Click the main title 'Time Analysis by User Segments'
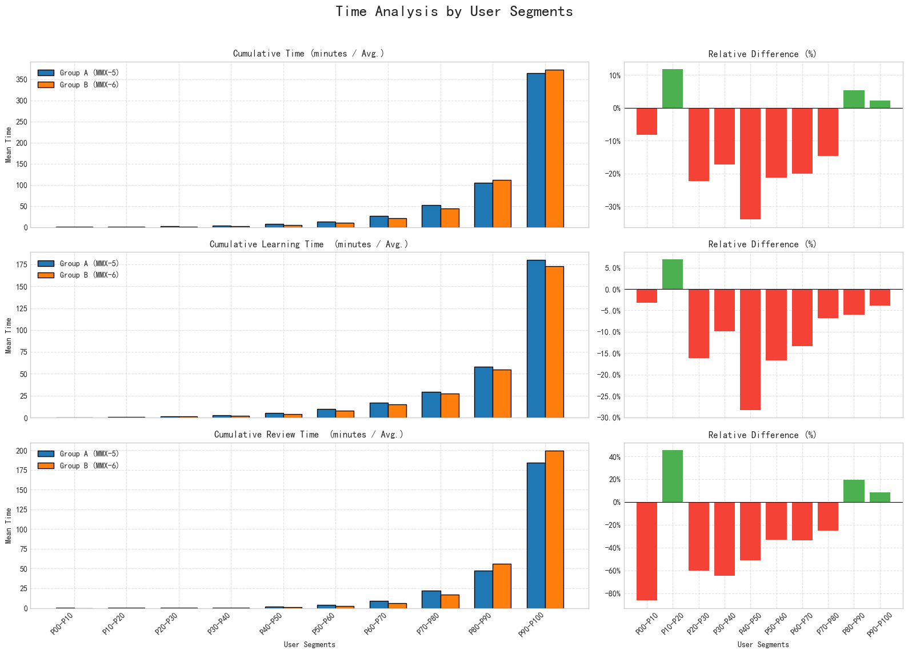pyautogui.click(x=454, y=12)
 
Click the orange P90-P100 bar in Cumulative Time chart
pyautogui.click(x=554, y=149)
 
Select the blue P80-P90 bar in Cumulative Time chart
pyautogui.click(x=483, y=205)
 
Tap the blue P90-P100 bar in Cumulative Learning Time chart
pyautogui.click(x=536, y=339)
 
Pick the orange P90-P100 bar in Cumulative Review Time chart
pyautogui.click(x=554, y=529)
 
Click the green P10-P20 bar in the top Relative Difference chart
pyautogui.click(x=673, y=89)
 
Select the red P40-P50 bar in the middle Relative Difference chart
pyautogui.click(x=750, y=350)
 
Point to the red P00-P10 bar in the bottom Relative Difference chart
pyautogui.click(x=647, y=551)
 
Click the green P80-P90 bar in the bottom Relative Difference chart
pyautogui.click(x=854, y=491)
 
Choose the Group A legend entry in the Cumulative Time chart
pyautogui.click(x=78, y=73)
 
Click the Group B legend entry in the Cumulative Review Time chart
pyautogui.click(x=78, y=466)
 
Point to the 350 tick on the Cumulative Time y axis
pyautogui.click(x=22, y=80)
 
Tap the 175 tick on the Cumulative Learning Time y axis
pyautogui.click(x=22, y=265)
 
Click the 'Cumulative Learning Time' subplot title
pyautogui.click(x=309, y=244)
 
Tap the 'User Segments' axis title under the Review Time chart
pyautogui.click(x=309, y=645)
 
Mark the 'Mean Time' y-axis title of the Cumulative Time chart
pyautogui.click(x=9, y=145)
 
